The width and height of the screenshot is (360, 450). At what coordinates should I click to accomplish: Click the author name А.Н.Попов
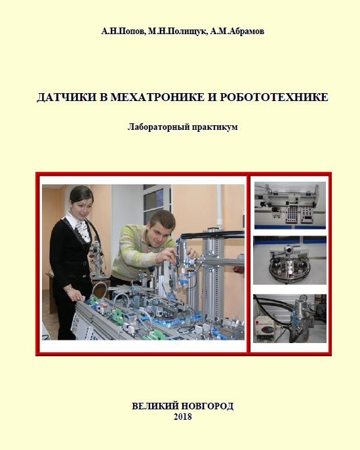coord(123,31)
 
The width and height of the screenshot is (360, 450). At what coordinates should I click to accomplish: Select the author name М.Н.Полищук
coord(177,31)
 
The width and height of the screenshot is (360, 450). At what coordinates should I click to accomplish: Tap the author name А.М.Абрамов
coord(237,31)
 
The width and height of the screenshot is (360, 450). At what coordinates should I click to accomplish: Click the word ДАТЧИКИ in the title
coord(66,97)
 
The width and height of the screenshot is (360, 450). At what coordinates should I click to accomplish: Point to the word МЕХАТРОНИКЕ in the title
coord(157,97)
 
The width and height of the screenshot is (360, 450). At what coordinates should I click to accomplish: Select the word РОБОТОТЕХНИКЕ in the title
coord(274,97)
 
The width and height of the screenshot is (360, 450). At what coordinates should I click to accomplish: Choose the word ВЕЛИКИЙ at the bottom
coord(155,406)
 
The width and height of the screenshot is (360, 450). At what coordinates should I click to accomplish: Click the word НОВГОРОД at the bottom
coord(208,406)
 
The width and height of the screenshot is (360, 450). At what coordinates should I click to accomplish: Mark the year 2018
coord(183,417)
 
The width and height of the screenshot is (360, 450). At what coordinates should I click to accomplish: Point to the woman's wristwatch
coord(68,290)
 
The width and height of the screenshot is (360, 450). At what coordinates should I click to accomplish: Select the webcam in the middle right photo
coord(288,251)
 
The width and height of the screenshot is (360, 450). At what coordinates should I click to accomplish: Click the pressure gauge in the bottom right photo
coord(302,298)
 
